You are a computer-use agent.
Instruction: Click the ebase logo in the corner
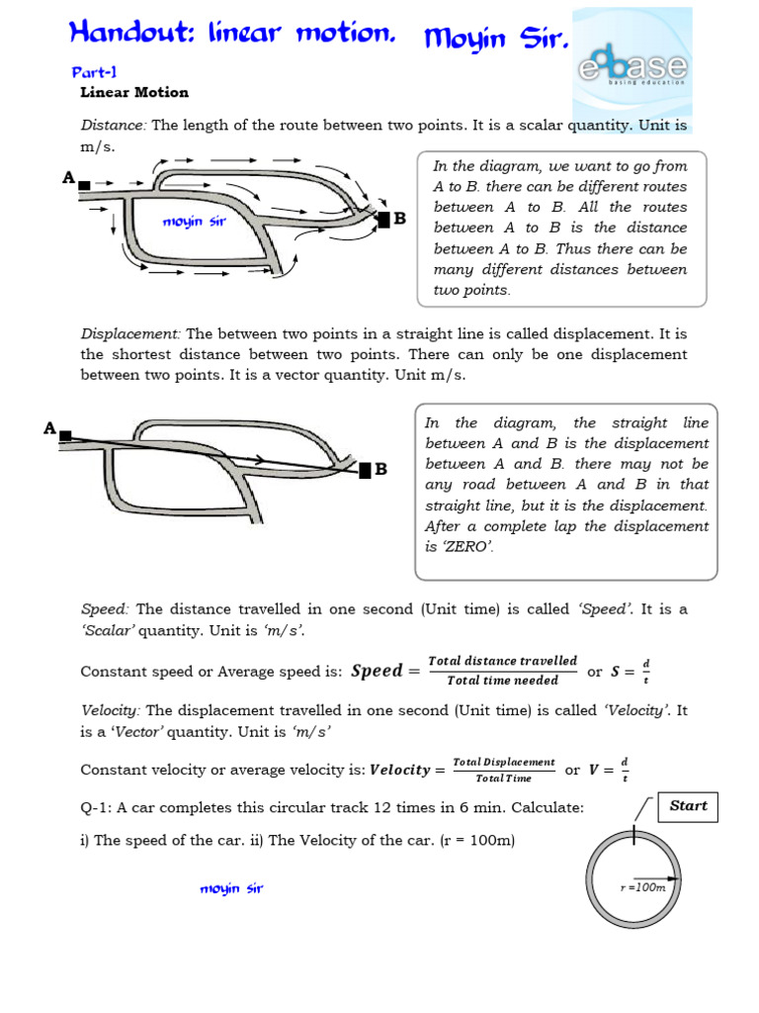tap(633, 69)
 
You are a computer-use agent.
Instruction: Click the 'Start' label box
tap(688, 806)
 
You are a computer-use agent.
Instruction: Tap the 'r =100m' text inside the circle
tap(643, 887)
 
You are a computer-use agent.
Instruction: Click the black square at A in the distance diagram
tap(85, 185)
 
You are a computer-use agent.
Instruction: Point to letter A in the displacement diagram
tap(48, 428)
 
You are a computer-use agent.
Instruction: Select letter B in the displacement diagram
tap(380, 468)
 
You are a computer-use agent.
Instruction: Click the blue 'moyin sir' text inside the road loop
tap(195, 222)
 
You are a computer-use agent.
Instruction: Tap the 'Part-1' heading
tap(94, 73)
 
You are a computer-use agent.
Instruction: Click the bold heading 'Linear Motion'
tap(133, 92)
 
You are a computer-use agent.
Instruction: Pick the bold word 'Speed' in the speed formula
tap(377, 671)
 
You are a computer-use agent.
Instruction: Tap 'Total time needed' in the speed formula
tap(502, 681)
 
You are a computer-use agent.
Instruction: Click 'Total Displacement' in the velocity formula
tap(503, 762)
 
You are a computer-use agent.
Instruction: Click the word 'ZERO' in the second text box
tap(468, 547)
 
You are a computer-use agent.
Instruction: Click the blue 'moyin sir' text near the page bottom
tap(231, 888)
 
